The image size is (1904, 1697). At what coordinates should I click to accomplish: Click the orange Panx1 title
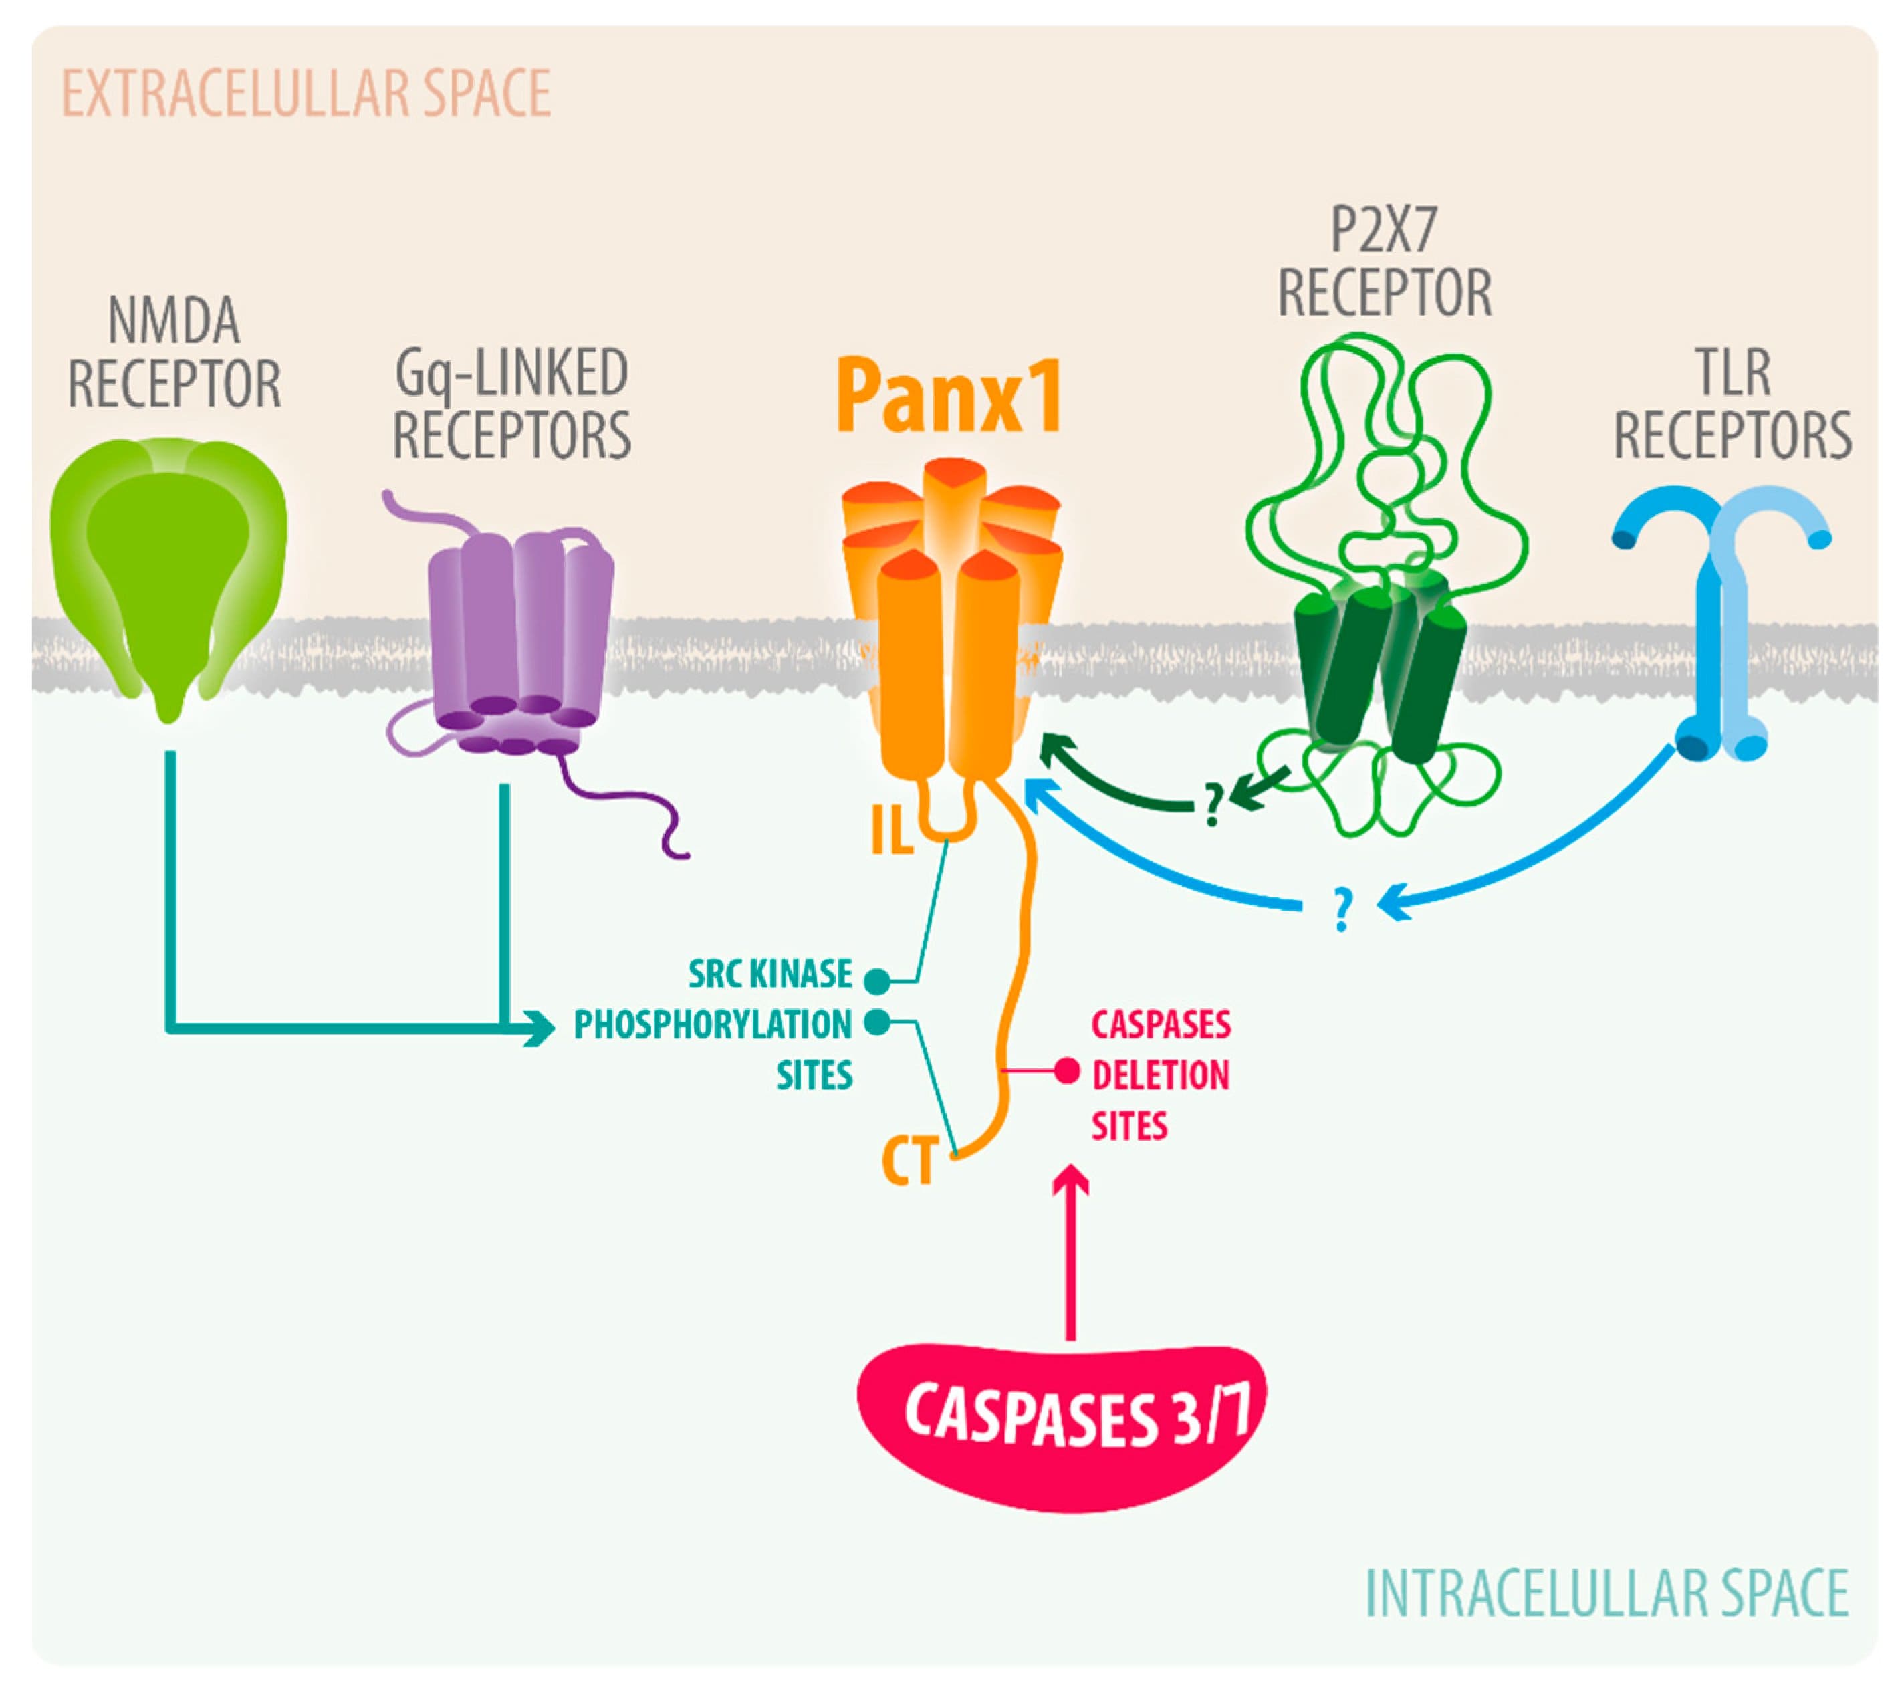949,398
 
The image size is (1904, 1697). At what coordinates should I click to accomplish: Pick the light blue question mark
1342,909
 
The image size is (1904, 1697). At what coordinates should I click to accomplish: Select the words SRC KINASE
770,974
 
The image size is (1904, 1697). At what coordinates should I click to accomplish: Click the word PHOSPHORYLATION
713,1025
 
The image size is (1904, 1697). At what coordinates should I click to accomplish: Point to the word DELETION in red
1161,1075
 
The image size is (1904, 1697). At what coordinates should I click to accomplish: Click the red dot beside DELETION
1067,1071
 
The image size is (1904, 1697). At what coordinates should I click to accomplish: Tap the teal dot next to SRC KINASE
876,980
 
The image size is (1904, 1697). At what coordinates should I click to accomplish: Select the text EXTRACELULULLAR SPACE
306,93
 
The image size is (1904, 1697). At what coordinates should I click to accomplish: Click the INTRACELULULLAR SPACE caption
1606,1593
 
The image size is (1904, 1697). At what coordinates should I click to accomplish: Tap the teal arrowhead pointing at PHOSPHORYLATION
539,1030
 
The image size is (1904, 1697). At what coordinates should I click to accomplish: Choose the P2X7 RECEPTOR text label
1384,261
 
